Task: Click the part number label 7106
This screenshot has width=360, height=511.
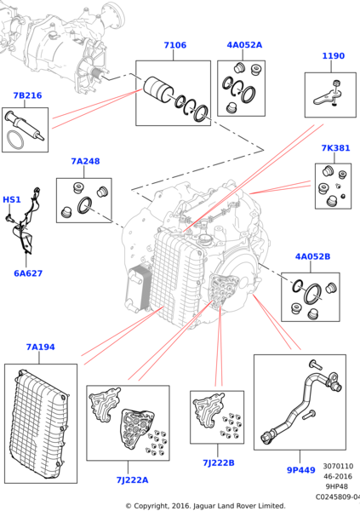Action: [x=175, y=45]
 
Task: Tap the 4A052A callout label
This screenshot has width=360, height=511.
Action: [x=244, y=45]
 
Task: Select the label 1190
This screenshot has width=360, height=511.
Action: [x=333, y=56]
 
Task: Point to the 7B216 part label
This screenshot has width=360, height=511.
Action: [x=27, y=95]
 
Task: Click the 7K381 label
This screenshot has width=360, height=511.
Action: [x=335, y=148]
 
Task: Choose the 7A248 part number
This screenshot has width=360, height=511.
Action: [x=85, y=161]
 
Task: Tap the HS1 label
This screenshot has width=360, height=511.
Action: [x=12, y=199]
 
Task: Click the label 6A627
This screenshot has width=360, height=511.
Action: [x=28, y=273]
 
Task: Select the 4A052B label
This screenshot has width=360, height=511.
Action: [x=312, y=257]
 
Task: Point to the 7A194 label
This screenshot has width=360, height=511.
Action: [x=40, y=347]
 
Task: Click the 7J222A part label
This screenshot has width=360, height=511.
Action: [x=132, y=480]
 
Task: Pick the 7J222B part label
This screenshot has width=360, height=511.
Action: [x=218, y=462]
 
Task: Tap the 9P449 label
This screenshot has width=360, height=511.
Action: [x=301, y=470]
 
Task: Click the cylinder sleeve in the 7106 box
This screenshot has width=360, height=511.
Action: [x=158, y=89]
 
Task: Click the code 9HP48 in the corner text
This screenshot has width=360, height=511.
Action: [x=337, y=486]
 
